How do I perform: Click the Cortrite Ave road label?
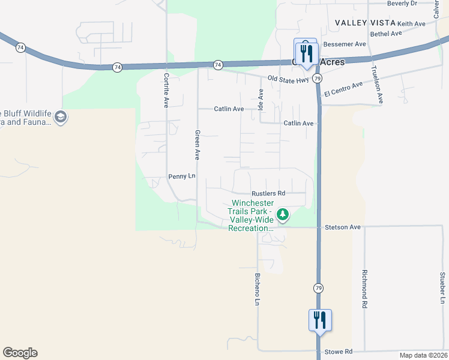pyautogui.click(x=166, y=90)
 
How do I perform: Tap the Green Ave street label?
pyautogui.click(x=196, y=145)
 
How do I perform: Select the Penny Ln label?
pyautogui.click(x=182, y=176)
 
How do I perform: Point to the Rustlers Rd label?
pyautogui.click(x=268, y=193)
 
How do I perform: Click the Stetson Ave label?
pyautogui.click(x=342, y=227)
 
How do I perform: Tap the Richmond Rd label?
pyautogui.click(x=364, y=288)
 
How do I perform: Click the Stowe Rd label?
pyautogui.click(x=339, y=352)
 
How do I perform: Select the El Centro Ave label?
pyautogui.click(x=343, y=89)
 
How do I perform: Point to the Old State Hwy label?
pyautogui.click(x=288, y=79)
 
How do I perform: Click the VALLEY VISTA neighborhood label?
pyautogui.click(x=365, y=23)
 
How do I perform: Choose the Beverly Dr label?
pyautogui.click(x=402, y=4)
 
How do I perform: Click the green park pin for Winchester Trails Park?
pyautogui.click(x=283, y=214)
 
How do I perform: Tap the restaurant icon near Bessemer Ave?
pyautogui.click(x=306, y=52)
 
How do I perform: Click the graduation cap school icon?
pyautogui.click(x=61, y=116)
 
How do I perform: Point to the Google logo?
pyautogui.click(x=20, y=353)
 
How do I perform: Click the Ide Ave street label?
pyautogui.click(x=261, y=100)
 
